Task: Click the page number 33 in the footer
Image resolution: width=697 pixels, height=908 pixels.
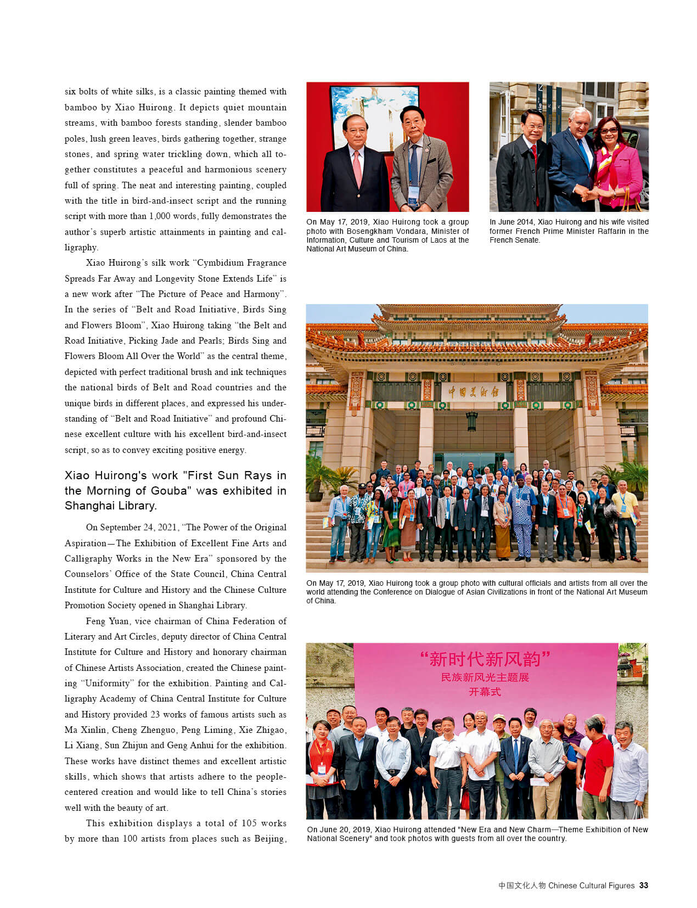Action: (x=644, y=885)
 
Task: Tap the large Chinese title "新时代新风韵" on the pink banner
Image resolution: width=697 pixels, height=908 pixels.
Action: (x=485, y=659)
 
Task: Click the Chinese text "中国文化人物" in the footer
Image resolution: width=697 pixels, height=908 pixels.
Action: (x=522, y=885)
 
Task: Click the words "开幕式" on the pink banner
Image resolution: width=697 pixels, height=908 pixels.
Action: (x=485, y=692)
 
